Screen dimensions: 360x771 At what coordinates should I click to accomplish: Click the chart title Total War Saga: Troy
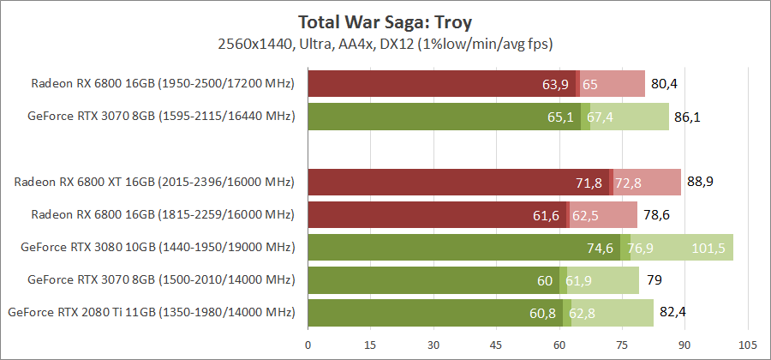click(x=385, y=21)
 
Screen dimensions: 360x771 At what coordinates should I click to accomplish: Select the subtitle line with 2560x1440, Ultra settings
click(x=385, y=42)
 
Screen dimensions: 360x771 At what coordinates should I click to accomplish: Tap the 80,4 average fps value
click(x=664, y=84)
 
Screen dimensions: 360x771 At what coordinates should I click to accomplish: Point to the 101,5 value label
click(x=708, y=248)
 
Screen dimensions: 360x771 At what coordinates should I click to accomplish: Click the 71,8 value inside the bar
click(x=589, y=183)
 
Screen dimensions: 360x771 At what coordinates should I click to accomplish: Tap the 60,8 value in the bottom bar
click(x=542, y=313)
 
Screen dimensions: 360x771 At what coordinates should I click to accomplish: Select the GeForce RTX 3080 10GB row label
click(x=158, y=248)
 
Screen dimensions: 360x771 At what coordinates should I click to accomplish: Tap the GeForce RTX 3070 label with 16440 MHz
click(x=161, y=117)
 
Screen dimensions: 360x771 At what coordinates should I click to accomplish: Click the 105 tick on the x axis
click(x=748, y=345)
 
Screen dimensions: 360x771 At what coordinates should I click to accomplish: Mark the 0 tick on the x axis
click(x=308, y=345)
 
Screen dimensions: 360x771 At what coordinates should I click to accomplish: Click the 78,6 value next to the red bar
click(x=657, y=215)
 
